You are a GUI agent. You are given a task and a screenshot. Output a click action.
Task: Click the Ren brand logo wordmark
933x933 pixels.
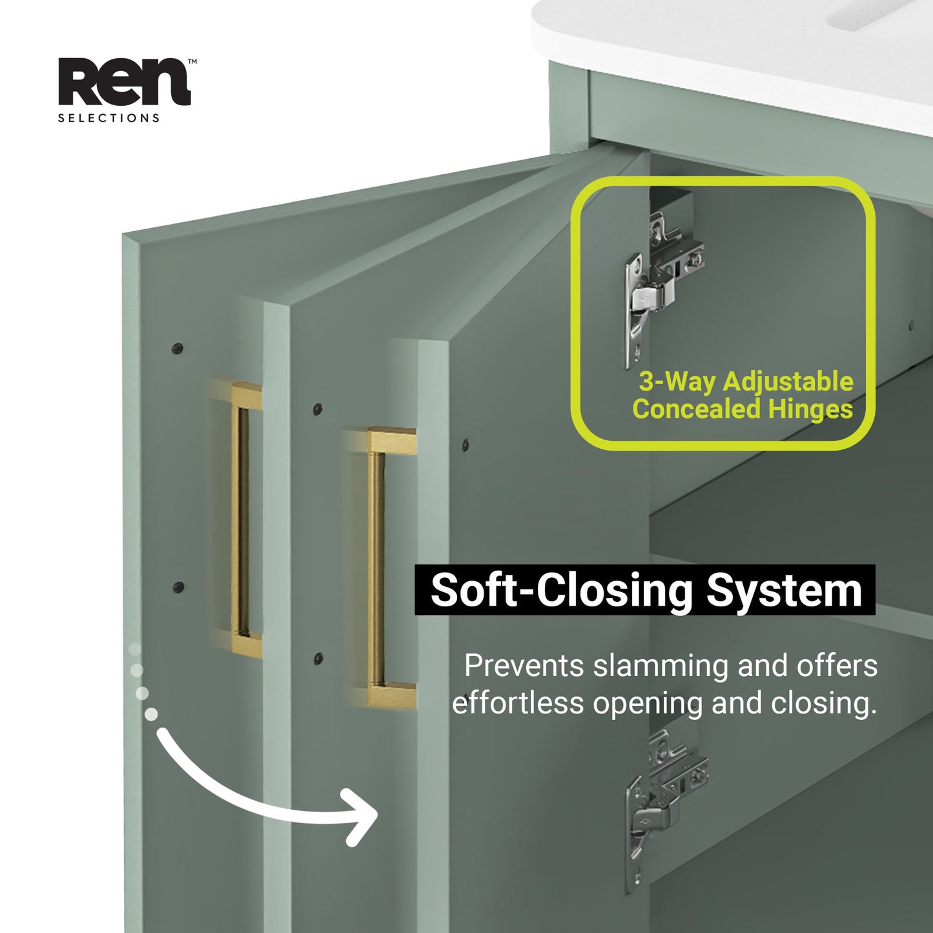124,82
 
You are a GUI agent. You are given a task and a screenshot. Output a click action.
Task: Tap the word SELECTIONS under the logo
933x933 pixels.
108,118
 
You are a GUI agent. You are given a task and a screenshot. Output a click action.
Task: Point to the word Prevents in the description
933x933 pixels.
524,666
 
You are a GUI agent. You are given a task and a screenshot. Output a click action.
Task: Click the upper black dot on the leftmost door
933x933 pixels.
178,349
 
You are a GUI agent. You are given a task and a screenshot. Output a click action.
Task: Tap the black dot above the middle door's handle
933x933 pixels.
317,409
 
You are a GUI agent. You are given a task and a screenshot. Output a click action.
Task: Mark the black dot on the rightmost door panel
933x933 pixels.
465,444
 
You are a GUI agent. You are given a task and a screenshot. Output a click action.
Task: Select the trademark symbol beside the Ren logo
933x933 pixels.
192,62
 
